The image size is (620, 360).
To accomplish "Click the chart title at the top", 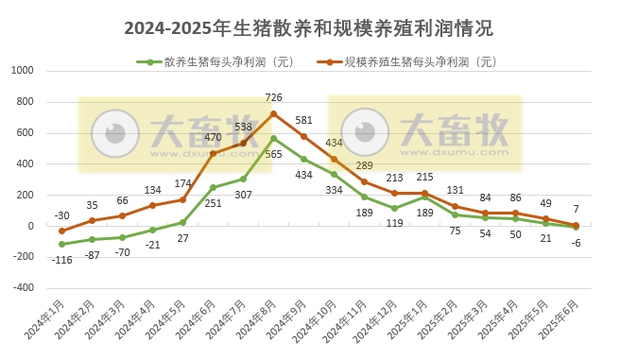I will [x=309, y=28].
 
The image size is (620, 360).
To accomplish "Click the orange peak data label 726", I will [x=274, y=98].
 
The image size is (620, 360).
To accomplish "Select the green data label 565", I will [x=274, y=154].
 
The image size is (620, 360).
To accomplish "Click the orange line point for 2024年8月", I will [x=274, y=113].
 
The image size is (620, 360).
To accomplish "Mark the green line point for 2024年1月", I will [x=61, y=244].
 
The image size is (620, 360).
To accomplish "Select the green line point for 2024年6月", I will [x=213, y=187].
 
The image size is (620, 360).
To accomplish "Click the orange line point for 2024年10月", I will [x=334, y=159].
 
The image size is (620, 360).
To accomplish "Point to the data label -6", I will [x=576, y=242].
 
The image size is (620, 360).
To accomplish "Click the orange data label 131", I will [x=456, y=190].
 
